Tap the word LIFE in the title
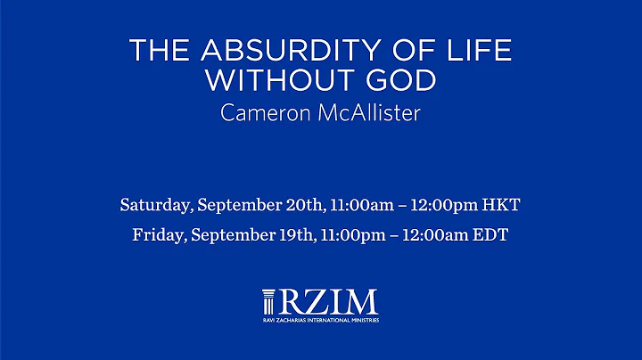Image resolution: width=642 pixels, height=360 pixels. pyautogui.click(x=482, y=51)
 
